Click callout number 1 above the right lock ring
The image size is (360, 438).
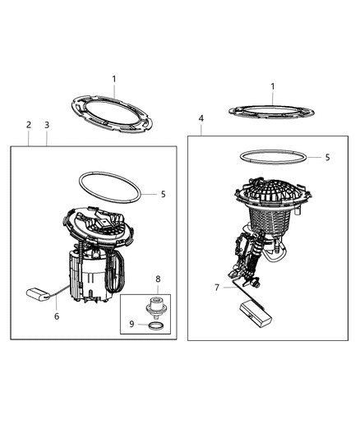272,85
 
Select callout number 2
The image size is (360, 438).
29,125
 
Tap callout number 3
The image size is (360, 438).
47,125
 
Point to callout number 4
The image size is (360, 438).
201,119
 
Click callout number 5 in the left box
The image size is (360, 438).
164,194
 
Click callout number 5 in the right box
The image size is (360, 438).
326,156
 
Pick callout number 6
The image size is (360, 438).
56,316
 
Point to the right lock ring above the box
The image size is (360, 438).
272,109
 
